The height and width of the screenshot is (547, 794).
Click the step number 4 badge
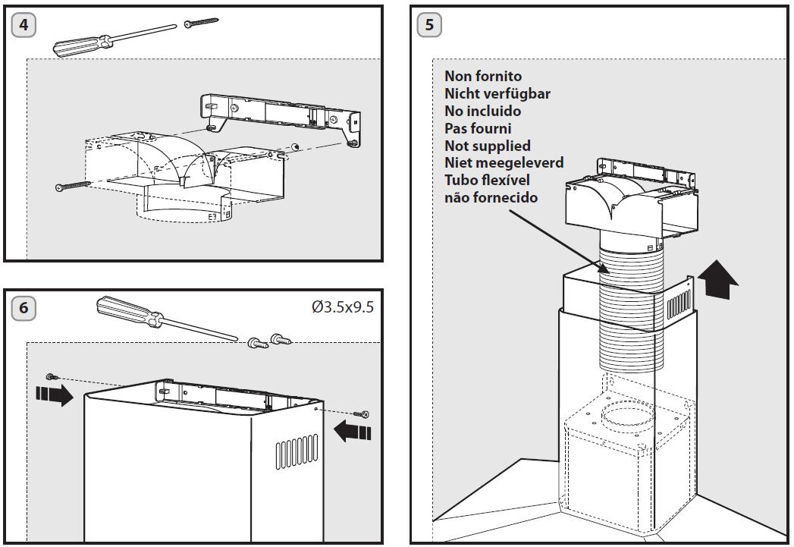coord(24,25)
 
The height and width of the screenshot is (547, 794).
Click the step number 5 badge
coord(429,25)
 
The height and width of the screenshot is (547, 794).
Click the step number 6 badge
coord(24,308)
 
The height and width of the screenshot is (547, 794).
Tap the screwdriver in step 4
coord(114,39)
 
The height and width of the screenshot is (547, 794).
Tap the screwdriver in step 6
coord(166,318)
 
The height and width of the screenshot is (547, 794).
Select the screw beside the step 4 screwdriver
coord(201,22)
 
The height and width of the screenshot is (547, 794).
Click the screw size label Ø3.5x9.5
coord(343,307)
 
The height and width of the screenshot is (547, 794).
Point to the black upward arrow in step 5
coord(718,279)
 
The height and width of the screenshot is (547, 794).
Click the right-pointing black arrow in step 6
coord(55,394)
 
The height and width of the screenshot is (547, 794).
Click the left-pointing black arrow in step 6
coord(353,431)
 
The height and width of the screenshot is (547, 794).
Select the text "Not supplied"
coord(488,146)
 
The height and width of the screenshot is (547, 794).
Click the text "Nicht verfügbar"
coord(497,94)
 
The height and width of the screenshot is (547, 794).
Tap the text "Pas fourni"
coord(478,128)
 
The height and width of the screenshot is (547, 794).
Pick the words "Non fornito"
coord(483,76)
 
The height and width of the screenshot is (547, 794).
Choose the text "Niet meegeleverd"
coord(504,162)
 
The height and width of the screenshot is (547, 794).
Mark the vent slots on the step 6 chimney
coord(297,450)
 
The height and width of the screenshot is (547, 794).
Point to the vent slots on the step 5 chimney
coord(679,307)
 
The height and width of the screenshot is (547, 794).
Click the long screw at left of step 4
coord(72,186)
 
